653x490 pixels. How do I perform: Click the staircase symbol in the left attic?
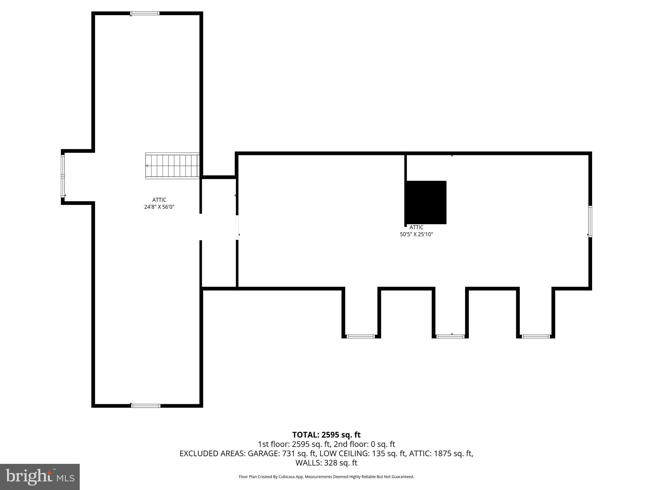point(172,166)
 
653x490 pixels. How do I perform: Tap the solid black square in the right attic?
point(426,202)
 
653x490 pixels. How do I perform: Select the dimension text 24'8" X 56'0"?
point(159,207)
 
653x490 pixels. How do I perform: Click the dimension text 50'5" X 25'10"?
point(416,234)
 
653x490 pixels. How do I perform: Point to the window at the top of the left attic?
point(145,13)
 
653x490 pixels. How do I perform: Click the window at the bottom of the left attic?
point(146,406)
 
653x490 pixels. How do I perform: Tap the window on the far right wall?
point(590,221)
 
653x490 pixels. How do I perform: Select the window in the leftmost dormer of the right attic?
point(361,336)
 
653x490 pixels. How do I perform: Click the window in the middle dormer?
point(450,336)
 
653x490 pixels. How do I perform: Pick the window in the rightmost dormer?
point(536,336)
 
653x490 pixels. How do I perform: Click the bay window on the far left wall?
point(63,176)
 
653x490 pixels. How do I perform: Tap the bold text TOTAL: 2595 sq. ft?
point(326,435)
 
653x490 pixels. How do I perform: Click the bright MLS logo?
point(40,477)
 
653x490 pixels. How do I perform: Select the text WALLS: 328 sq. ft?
point(326,463)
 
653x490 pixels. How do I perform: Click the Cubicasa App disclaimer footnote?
point(326,477)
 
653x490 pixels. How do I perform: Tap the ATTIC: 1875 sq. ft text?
point(441,453)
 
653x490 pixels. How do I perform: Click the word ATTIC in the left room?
point(159,200)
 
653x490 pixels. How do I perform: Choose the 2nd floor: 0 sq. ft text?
point(364,444)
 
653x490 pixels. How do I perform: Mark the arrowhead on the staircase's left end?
point(147,166)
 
